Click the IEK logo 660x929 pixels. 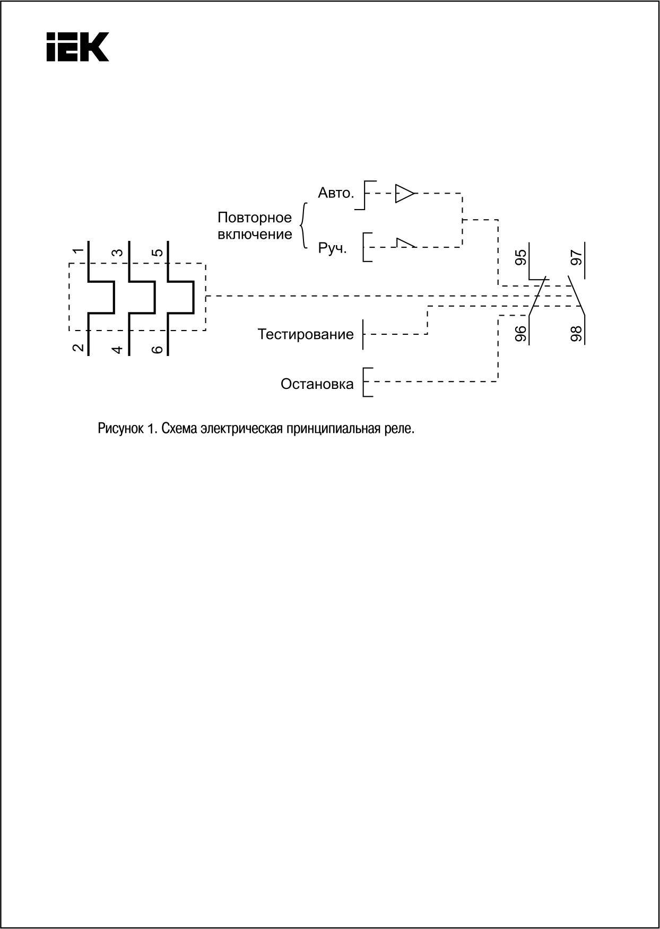click(x=77, y=47)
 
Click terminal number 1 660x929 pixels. click(x=78, y=251)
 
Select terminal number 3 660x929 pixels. click(x=118, y=252)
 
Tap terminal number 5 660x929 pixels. click(x=158, y=252)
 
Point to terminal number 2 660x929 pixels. click(x=78, y=348)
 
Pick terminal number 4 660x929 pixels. click(x=118, y=349)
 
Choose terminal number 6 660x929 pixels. click(x=158, y=349)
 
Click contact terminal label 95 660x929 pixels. click(x=522, y=257)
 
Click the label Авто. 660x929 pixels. click(x=335, y=193)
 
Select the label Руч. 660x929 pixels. click(x=332, y=248)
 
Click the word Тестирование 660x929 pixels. click(x=306, y=334)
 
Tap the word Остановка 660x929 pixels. click(x=317, y=384)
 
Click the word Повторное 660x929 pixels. click(x=255, y=218)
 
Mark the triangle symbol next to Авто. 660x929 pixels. click(x=404, y=194)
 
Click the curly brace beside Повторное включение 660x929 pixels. click(x=303, y=225)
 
